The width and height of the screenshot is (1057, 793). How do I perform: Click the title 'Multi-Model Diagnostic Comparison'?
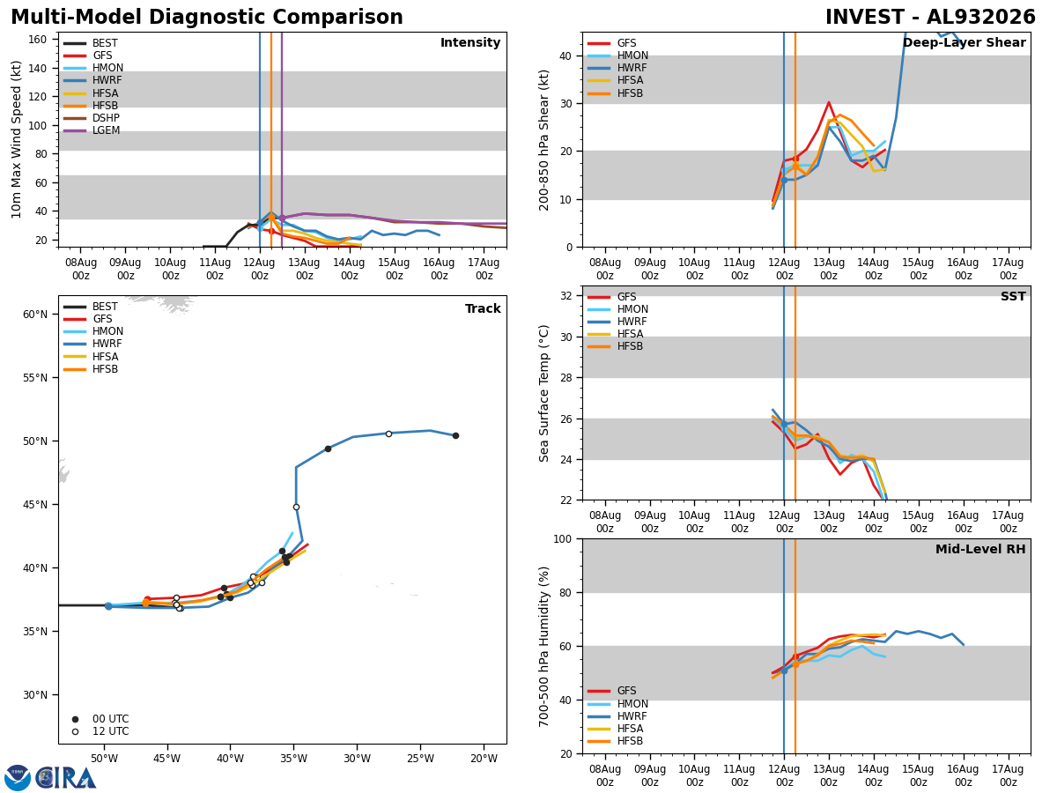(x=207, y=17)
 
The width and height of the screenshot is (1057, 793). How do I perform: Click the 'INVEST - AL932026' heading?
(x=930, y=17)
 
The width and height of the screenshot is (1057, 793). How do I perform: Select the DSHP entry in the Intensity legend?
(x=92, y=118)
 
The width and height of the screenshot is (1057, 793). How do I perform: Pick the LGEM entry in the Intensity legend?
(x=92, y=130)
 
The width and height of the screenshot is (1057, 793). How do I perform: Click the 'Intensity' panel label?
(x=470, y=42)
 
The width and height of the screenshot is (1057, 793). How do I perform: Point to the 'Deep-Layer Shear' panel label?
(x=964, y=42)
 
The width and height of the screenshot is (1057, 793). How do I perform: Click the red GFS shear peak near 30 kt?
(x=828, y=102)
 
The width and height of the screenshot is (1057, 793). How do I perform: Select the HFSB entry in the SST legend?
(x=616, y=346)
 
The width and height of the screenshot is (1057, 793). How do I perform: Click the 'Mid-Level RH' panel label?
(x=980, y=549)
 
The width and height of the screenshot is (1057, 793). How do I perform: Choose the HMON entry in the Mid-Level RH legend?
(x=617, y=703)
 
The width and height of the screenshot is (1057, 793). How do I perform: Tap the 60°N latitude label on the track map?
(x=35, y=315)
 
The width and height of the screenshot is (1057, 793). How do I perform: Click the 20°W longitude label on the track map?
(x=484, y=759)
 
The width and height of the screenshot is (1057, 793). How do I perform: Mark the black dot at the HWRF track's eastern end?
(x=455, y=436)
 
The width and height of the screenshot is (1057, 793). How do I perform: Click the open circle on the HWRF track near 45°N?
(x=296, y=507)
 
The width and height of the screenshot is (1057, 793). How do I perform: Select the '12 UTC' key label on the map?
(x=110, y=731)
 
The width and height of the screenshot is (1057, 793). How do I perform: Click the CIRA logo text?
(x=65, y=778)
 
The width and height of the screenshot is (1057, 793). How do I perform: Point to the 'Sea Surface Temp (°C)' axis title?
(x=543, y=393)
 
